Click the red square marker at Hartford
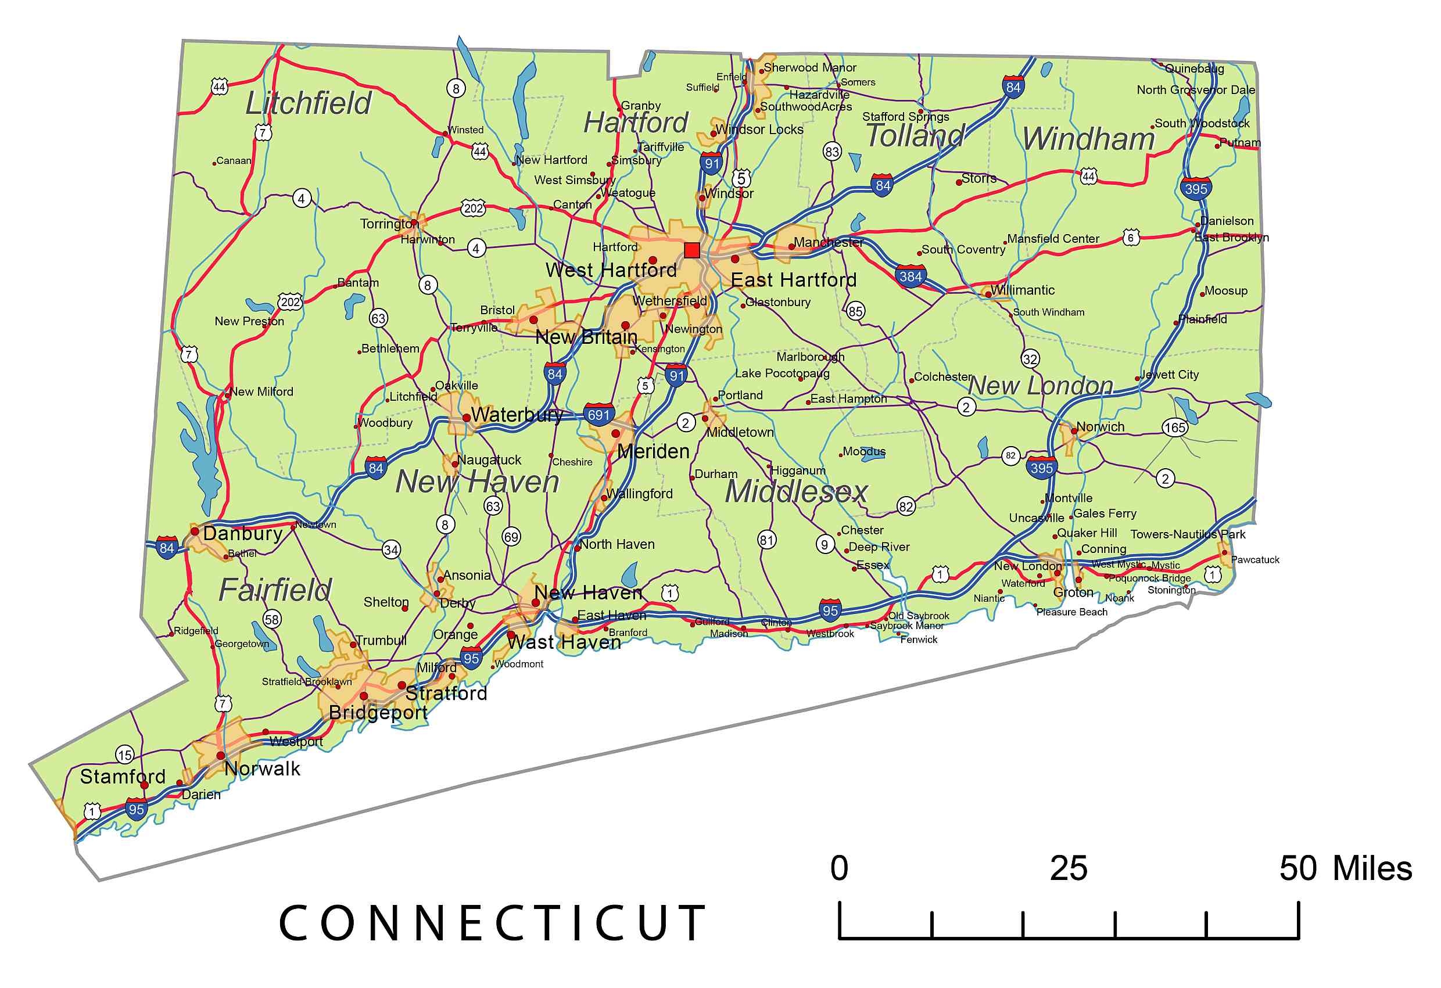pyautogui.click(x=692, y=250)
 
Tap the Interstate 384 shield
pyautogui.click(x=911, y=276)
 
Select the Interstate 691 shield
pyautogui.click(x=598, y=414)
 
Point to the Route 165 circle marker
pyautogui.click(x=1174, y=427)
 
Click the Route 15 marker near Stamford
pyautogui.click(x=124, y=755)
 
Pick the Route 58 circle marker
pyautogui.click(x=271, y=619)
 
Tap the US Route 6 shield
pyautogui.click(x=1130, y=238)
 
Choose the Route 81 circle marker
pyautogui.click(x=767, y=540)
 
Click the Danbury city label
pyautogui.click(x=242, y=533)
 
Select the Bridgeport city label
pyautogui.click(x=378, y=712)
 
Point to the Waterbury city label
pyautogui.click(x=517, y=414)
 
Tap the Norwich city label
pyautogui.click(x=1100, y=426)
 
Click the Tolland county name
pyautogui.click(x=915, y=136)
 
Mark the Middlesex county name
pyautogui.click(x=796, y=491)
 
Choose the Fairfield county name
pyautogui.click(x=275, y=590)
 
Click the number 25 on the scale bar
pyautogui.click(x=1069, y=868)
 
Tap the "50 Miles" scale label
pyautogui.click(x=1346, y=868)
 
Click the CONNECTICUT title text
pyautogui.click(x=493, y=923)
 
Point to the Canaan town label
pyautogui.click(x=234, y=160)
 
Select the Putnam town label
pyautogui.click(x=1240, y=142)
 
